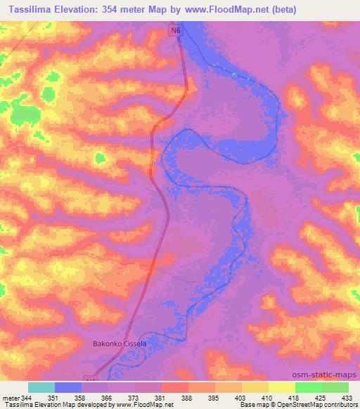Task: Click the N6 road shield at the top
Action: click(x=179, y=31)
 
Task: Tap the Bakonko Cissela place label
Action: click(x=120, y=344)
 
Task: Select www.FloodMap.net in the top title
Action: click(x=226, y=10)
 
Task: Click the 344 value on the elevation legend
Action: click(x=27, y=397)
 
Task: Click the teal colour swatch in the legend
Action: click(x=41, y=387)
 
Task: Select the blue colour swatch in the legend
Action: click(x=67, y=387)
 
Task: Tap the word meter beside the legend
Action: click(x=9, y=397)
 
